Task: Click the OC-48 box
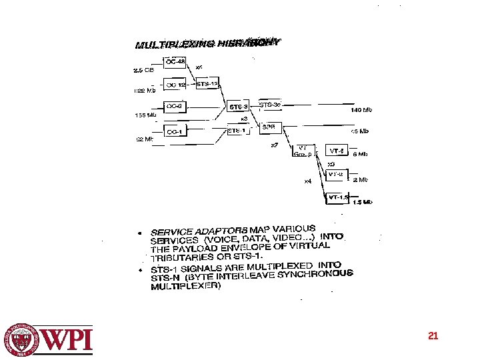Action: click(x=175, y=62)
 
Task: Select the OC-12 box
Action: click(x=175, y=85)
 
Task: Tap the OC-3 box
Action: click(x=174, y=106)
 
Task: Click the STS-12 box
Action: click(x=207, y=85)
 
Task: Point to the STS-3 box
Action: click(x=239, y=107)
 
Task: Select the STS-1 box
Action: click(x=237, y=131)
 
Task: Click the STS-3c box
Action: click(x=269, y=105)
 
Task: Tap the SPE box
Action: click(x=269, y=127)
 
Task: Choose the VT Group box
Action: click(x=301, y=151)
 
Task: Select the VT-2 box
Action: click(x=335, y=175)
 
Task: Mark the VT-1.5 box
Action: click(x=337, y=197)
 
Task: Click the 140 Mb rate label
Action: click(x=361, y=110)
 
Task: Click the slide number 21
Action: click(x=433, y=336)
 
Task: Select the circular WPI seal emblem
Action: click(x=23, y=339)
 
